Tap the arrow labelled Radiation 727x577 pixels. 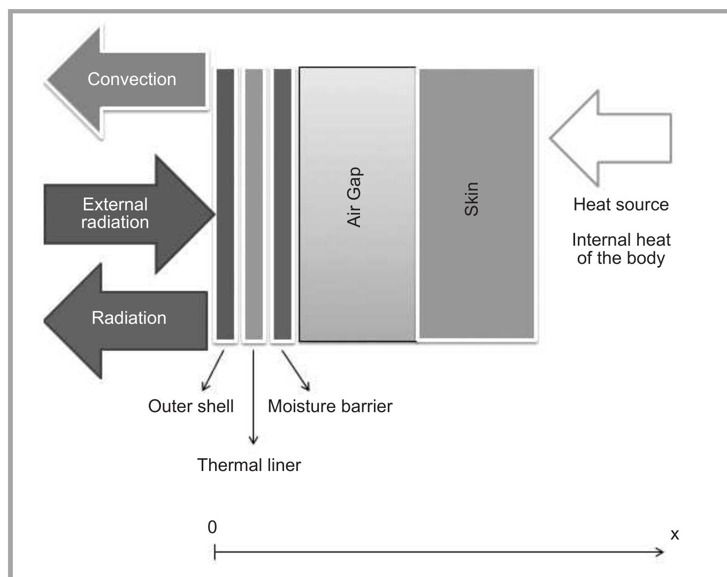[128, 320]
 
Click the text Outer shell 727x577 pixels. [191, 406]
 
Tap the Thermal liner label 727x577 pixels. [249, 465]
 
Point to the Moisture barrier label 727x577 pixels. [330, 406]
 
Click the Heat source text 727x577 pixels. [621, 204]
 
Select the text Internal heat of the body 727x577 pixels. [621, 249]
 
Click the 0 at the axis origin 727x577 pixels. [212, 528]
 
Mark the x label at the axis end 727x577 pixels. [675, 534]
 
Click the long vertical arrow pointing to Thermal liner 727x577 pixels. [254, 396]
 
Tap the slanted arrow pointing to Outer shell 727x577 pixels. [212, 371]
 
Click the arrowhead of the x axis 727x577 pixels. [661, 552]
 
